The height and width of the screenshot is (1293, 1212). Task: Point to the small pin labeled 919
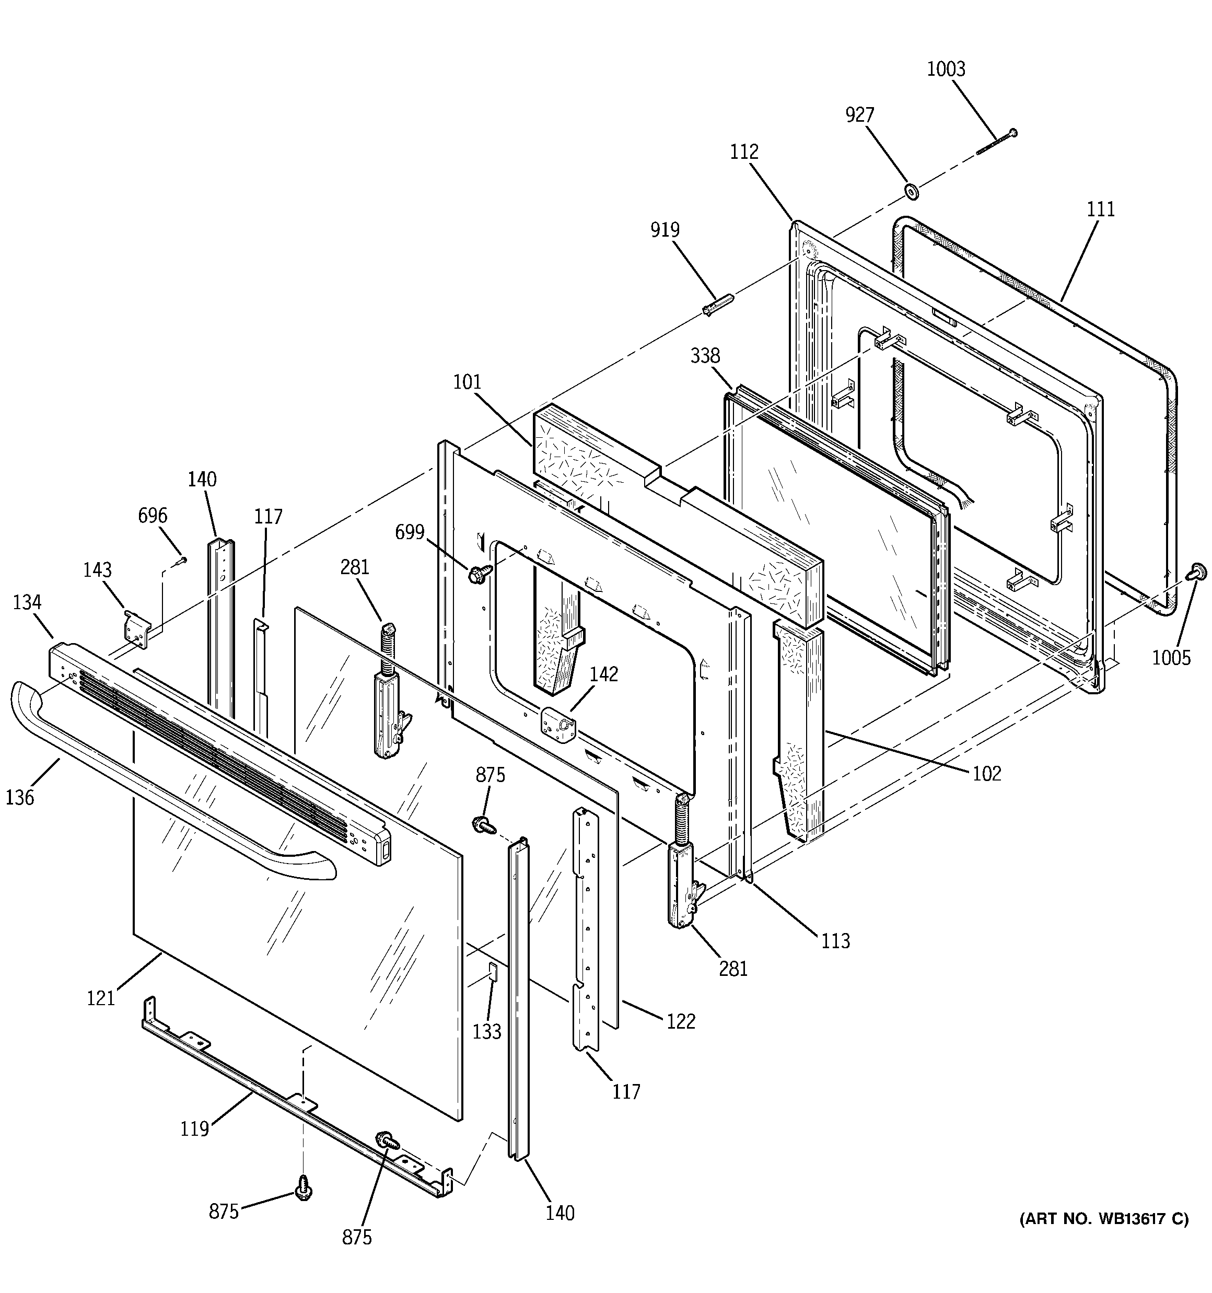click(x=718, y=305)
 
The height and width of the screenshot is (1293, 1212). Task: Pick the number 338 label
click(x=705, y=356)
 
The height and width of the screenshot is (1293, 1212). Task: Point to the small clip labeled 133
click(x=493, y=972)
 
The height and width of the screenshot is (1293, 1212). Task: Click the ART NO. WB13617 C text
click(x=1103, y=1219)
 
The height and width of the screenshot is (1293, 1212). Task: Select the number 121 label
click(x=101, y=997)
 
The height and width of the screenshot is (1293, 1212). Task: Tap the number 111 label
click(x=1100, y=209)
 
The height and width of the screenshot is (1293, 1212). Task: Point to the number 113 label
click(x=835, y=940)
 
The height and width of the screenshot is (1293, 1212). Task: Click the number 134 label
click(x=27, y=602)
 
